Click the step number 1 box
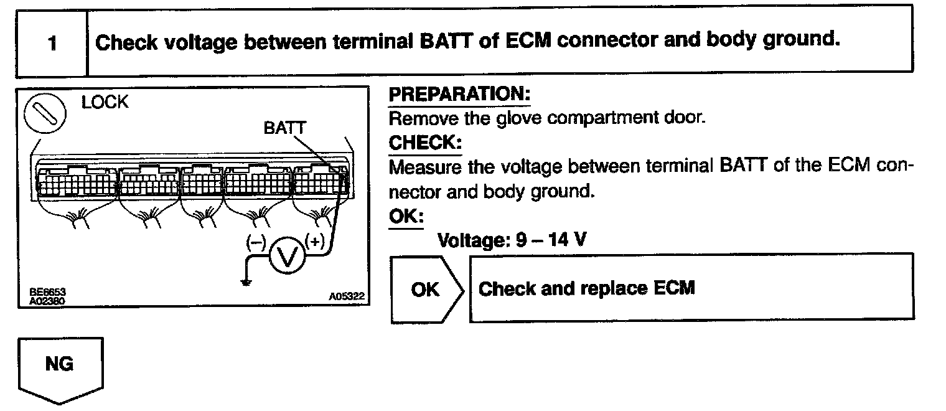52,44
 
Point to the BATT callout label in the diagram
284,128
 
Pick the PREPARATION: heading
459,95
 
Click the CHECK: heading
425,143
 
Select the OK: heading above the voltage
406,217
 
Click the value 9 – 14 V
551,240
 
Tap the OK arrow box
426,288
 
